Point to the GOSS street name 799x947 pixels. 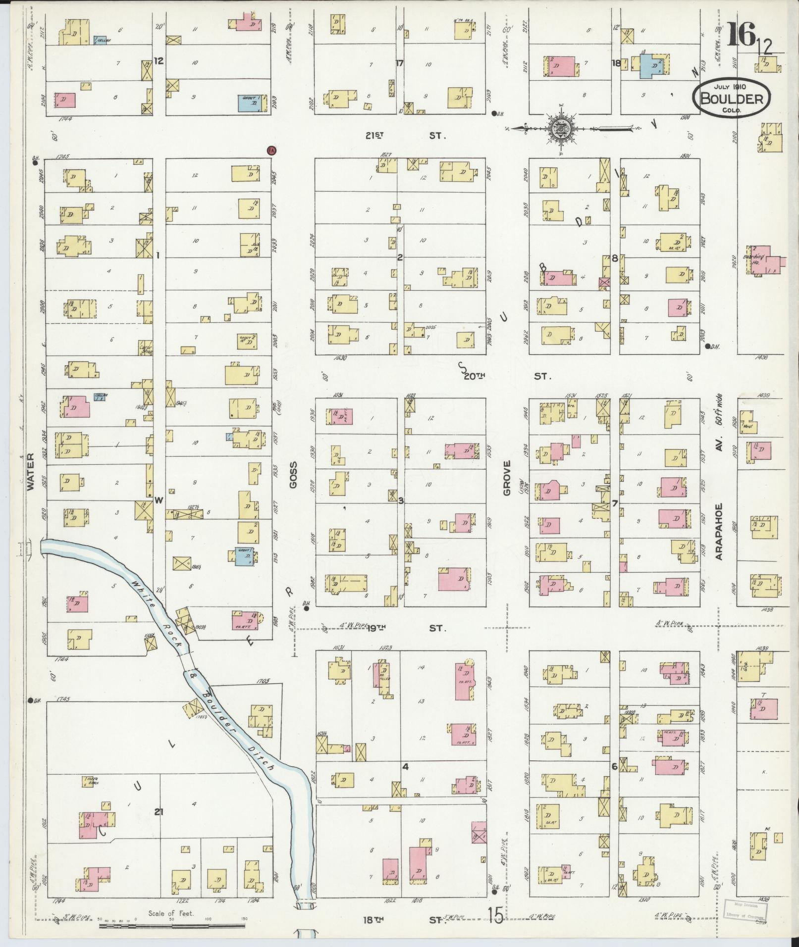[293, 475]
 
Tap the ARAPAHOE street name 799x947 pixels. [719, 531]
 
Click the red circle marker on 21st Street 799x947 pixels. [271, 150]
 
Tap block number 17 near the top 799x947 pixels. [400, 63]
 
